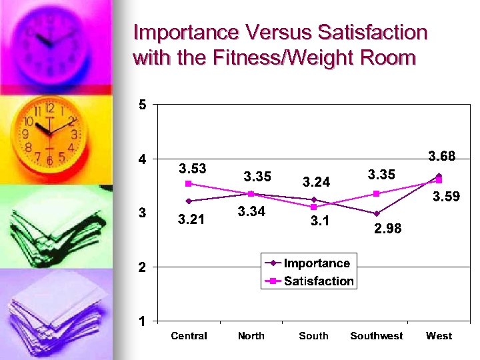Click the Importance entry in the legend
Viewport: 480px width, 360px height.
tap(317, 263)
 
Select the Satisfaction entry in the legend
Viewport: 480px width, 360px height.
tap(319, 281)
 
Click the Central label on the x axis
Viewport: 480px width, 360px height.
tap(189, 336)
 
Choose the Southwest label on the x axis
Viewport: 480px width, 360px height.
tap(377, 336)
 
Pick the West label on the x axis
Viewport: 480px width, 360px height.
tap(439, 336)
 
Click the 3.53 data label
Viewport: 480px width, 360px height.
tap(192, 168)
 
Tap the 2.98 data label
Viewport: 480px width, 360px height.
tap(388, 229)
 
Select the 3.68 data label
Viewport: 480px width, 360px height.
tap(441, 156)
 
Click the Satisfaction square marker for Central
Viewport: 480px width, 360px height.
tap(189, 183)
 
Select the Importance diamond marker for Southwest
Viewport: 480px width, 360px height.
tap(377, 213)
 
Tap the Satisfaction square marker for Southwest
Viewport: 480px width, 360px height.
tap(377, 193)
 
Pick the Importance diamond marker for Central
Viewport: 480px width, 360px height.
tap(189, 201)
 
